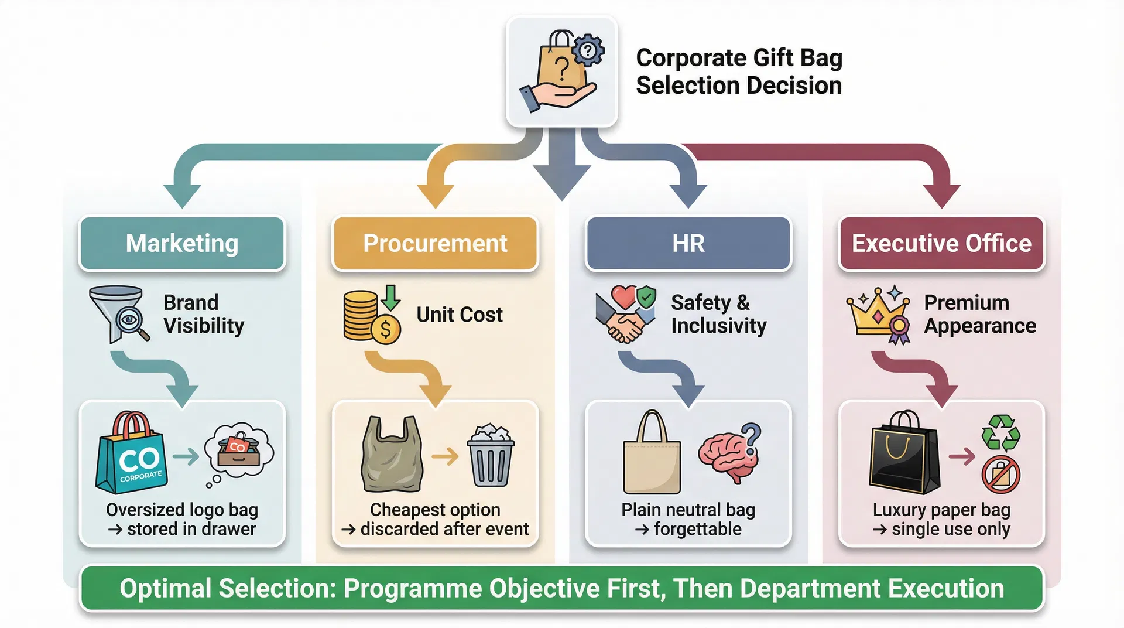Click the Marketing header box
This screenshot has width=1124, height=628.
182,244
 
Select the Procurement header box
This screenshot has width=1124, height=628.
435,244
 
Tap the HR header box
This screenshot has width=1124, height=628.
688,244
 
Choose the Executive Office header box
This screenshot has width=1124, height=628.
941,244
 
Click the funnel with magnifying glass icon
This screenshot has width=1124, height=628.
119,314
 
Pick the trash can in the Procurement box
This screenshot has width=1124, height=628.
491,457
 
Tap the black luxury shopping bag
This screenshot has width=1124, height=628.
905,455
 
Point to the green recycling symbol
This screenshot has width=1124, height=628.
1001,432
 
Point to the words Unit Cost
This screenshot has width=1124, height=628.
460,315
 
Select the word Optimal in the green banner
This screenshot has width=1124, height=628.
166,588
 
